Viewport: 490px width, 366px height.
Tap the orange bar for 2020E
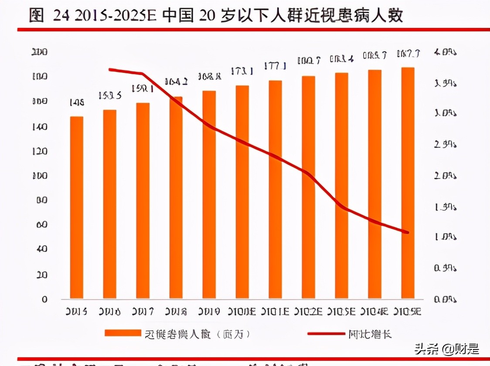[242, 192]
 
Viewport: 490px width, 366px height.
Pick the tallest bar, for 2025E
[408, 183]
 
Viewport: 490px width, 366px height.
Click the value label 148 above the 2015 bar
[76, 103]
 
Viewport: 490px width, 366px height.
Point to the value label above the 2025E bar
[408, 54]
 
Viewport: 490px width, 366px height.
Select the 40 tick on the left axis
[42, 249]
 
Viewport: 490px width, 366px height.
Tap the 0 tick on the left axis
[44, 299]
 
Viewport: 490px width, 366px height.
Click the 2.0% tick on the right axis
[445, 176]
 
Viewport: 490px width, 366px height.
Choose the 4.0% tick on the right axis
[445, 52]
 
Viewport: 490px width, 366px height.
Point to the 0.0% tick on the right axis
[445, 299]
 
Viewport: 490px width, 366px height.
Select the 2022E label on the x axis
[308, 312]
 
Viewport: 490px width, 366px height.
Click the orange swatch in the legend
[122, 334]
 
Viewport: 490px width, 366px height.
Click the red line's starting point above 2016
[109, 69]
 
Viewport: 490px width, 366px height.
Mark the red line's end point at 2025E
[408, 232]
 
